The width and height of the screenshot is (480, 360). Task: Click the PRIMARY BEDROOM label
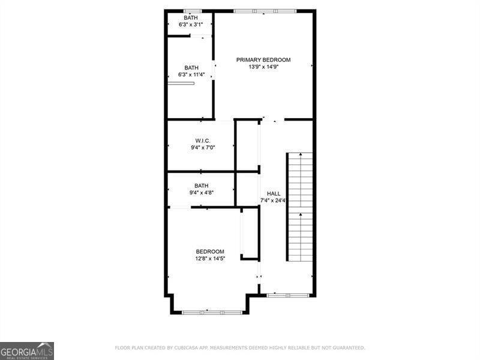(x=263, y=59)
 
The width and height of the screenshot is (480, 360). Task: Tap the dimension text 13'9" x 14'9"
(x=263, y=67)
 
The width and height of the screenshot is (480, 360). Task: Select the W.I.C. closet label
(x=202, y=140)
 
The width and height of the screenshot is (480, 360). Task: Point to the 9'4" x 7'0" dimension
(x=202, y=148)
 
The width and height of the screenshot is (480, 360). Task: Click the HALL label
(x=274, y=193)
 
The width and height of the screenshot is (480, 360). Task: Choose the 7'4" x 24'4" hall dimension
(x=274, y=200)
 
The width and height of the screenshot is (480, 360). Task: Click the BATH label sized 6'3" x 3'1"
(x=191, y=18)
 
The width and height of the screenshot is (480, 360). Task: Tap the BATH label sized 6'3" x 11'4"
(x=191, y=68)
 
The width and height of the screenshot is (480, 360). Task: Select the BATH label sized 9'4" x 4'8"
(x=201, y=185)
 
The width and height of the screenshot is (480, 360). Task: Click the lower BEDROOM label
(x=210, y=251)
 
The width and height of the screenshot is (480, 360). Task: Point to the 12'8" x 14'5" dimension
(x=210, y=259)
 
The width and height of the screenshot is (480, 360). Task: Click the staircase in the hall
(x=300, y=207)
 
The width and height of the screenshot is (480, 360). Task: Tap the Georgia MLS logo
(x=27, y=350)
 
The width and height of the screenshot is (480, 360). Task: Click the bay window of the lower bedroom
(x=212, y=312)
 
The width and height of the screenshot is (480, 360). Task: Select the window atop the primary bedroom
(x=265, y=11)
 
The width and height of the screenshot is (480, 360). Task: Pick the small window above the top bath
(x=192, y=11)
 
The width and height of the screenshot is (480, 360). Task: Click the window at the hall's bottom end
(x=288, y=295)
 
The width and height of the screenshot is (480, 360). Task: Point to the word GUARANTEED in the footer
(x=345, y=348)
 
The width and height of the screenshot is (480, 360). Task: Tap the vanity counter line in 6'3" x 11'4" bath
(x=181, y=83)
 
